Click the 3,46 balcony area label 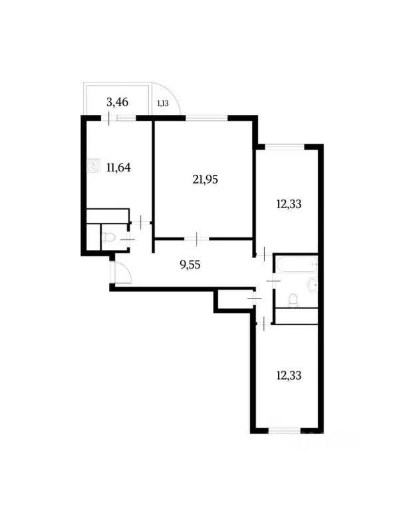(x=117, y=102)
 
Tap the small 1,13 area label (x=162, y=103)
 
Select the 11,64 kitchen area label (x=118, y=167)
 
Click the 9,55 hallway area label (x=190, y=263)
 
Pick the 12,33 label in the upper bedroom (x=288, y=204)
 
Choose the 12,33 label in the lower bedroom (x=288, y=375)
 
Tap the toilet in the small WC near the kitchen (x=112, y=238)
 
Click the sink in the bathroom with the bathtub (x=313, y=285)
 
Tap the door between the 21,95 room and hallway (x=198, y=237)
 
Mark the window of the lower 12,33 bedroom (x=287, y=432)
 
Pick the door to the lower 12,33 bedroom (x=264, y=323)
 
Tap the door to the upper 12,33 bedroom (x=264, y=253)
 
